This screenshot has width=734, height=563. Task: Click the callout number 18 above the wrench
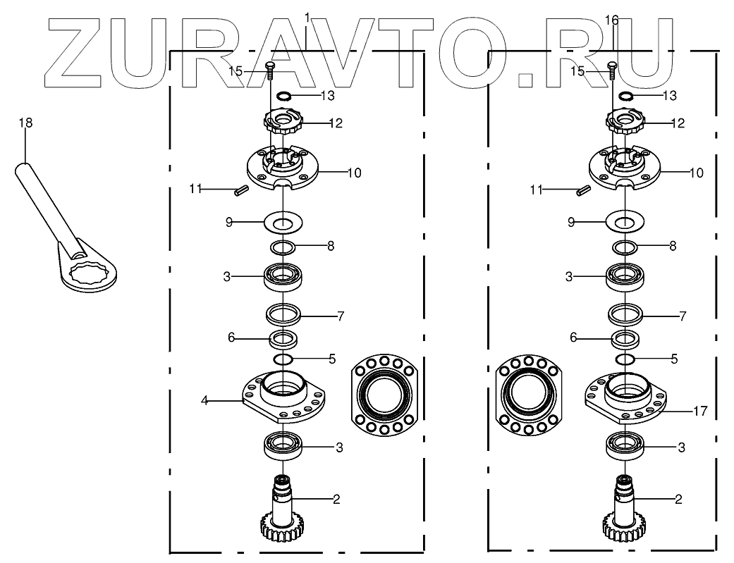(x=25, y=123)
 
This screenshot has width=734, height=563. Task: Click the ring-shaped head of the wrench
(x=88, y=275)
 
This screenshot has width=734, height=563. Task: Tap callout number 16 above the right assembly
(x=612, y=20)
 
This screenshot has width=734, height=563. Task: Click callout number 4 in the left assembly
(x=204, y=401)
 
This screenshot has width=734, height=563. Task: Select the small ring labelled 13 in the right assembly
(x=625, y=96)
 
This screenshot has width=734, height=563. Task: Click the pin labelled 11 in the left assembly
(x=240, y=188)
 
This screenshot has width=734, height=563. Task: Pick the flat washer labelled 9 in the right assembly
(x=625, y=222)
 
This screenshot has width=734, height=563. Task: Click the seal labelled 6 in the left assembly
(x=283, y=338)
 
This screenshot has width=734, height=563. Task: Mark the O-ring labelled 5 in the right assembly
(x=625, y=360)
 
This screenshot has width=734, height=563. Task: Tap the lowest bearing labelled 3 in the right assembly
(x=625, y=446)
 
